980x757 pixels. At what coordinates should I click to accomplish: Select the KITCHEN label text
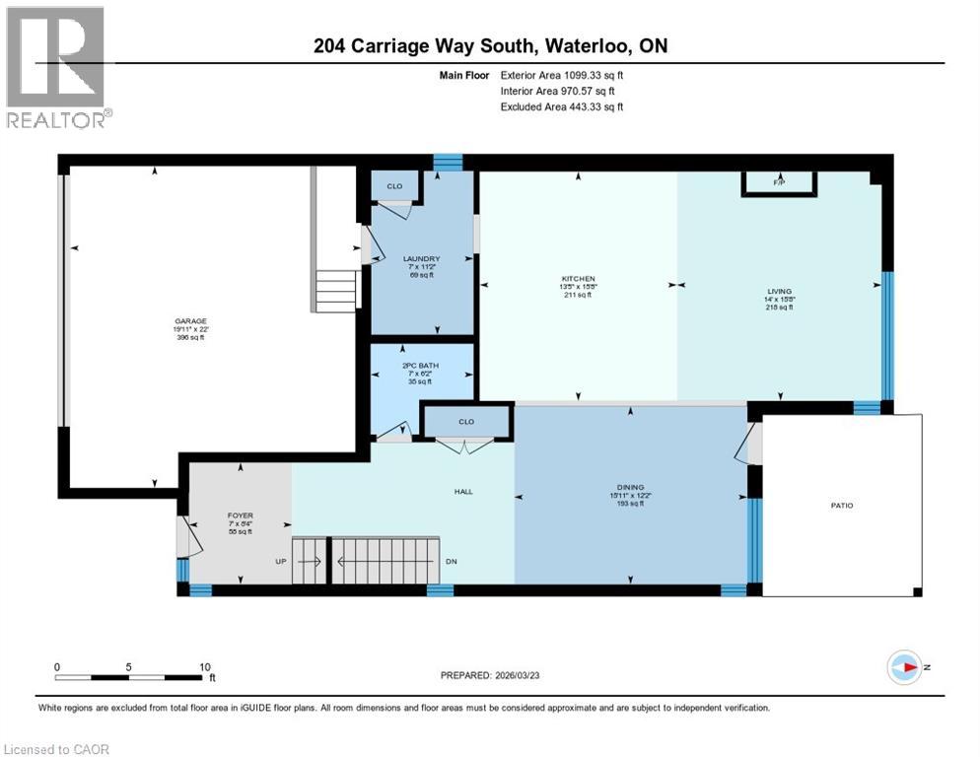tap(578, 279)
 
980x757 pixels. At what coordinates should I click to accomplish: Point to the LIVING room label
tap(779, 291)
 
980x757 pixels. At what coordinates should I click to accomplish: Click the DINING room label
tap(630, 487)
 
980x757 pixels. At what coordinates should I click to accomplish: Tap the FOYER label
tap(241, 515)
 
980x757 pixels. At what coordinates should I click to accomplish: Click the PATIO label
tap(841, 506)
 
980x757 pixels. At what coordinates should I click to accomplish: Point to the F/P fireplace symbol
tap(779, 183)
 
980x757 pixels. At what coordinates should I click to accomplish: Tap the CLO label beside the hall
tap(465, 422)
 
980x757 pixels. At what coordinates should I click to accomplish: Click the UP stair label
tap(281, 562)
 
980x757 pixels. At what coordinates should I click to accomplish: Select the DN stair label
tap(452, 562)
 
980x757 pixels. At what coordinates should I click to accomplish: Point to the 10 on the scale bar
tap(204, 666)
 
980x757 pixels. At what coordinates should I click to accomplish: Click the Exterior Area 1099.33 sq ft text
tap(562, 74)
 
